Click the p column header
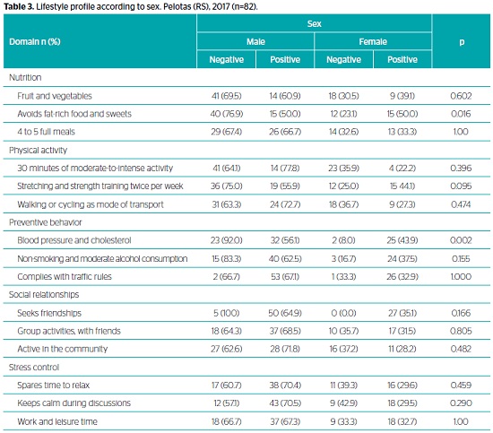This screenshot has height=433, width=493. coord(462,42)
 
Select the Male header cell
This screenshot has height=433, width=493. coord(255,41)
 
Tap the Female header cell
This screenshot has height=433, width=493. coord(373,41)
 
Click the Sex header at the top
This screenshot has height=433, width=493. coord(314,23)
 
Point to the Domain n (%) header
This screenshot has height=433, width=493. coord(35,41)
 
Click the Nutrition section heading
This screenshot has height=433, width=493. coord(25,77)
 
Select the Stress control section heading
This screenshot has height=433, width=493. coord(34,367)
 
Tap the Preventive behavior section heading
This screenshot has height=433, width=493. coord(46,222)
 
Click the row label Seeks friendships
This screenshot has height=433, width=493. coord(49,313)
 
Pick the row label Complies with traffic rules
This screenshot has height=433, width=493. coord(65,276)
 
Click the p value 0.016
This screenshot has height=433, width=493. coord(461,114)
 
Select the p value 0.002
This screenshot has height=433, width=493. coord(461,240)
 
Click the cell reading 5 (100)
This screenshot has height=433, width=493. coord(227,313)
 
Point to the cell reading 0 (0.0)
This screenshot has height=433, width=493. coord(343,313)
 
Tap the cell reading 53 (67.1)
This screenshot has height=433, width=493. coord(285,276)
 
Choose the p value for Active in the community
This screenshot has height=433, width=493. coord(461,349)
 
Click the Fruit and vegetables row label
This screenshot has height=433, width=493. coord(55,96)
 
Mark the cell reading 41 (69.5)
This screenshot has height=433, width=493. coord(227,96)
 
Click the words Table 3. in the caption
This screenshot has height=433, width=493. coord(19,6)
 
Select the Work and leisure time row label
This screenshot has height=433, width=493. coord(57,421)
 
